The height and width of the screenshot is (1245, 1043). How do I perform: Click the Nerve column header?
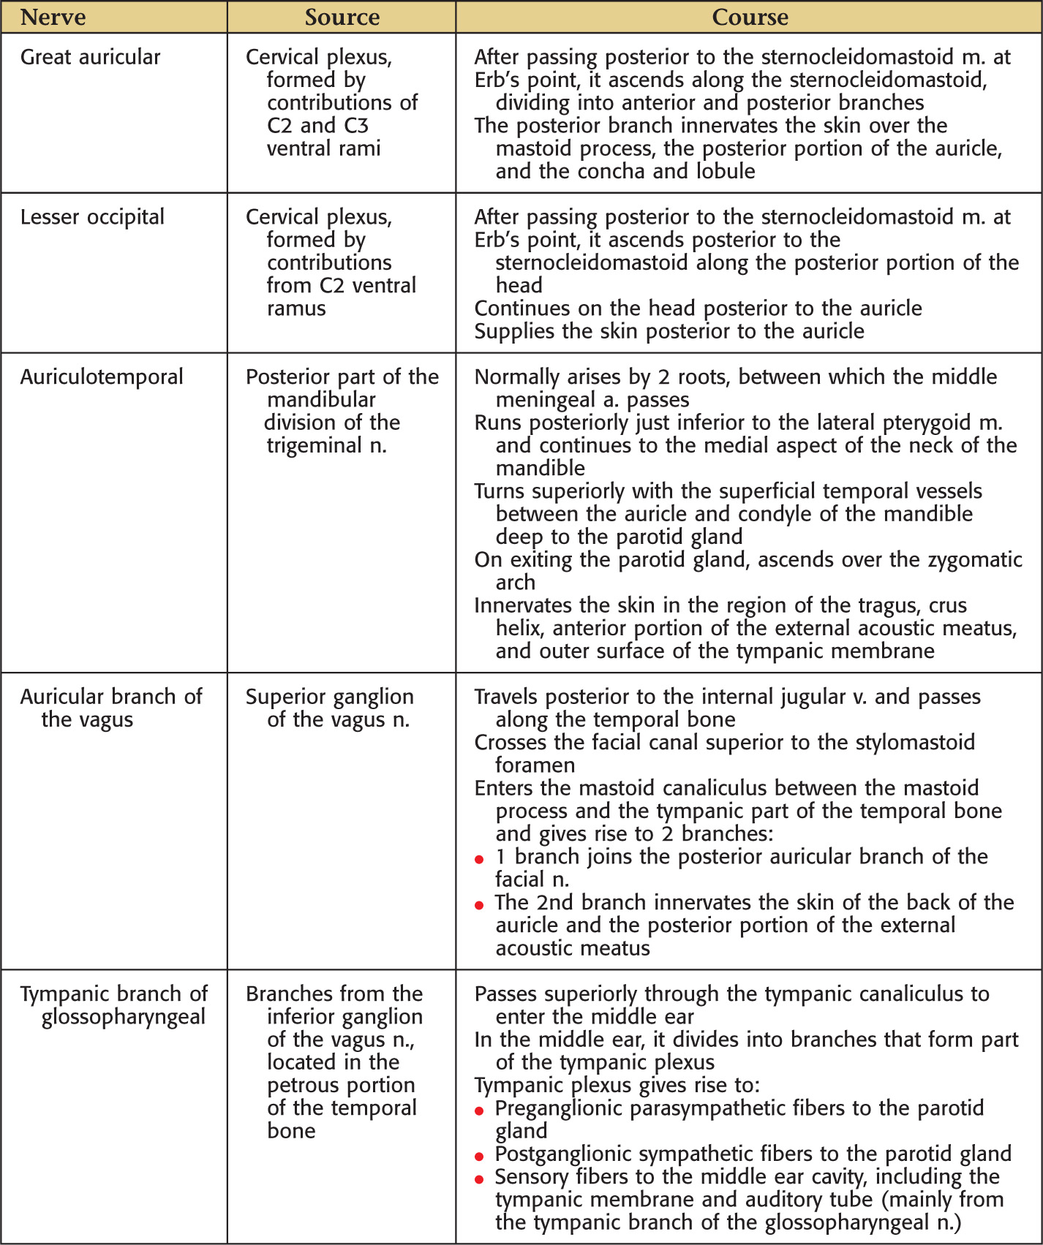[53, 17]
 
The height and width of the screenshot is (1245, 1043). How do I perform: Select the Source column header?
[342, 17]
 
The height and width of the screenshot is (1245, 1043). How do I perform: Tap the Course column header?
[750, 17]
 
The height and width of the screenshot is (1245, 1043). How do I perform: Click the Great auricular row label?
[90, 57]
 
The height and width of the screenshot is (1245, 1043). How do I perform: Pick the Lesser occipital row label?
[92, 217]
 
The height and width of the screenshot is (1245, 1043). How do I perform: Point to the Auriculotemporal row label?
[102, 377]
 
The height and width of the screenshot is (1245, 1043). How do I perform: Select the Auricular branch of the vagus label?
[110, 708]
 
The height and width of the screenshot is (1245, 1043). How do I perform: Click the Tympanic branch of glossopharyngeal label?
[114, 1005]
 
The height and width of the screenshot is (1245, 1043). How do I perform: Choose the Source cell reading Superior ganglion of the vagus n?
[329, 708]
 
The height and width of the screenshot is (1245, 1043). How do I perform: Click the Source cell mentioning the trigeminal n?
[342, 411]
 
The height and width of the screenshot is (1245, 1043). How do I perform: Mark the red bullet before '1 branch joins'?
[479, 859]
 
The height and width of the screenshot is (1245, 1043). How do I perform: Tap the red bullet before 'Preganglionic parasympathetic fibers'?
[479, 1110]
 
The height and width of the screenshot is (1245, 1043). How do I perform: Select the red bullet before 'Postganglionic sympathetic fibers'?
[479, 1157]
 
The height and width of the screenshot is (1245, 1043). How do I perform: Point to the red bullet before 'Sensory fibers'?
[479, 1179]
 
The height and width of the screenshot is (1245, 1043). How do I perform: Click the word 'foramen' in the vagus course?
[535, 765]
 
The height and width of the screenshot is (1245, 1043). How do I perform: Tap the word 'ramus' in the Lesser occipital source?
[296, 309]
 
